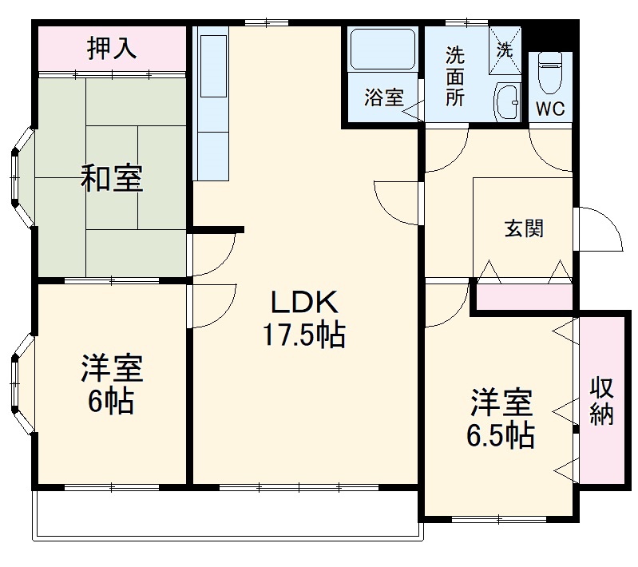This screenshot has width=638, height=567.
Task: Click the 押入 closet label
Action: (x=112, y=49)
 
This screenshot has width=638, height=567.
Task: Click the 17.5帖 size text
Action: (x=305, y=334)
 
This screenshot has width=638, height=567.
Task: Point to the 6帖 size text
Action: (x=111, y=401)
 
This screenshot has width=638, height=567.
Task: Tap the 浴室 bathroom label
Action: (x=383, y=97)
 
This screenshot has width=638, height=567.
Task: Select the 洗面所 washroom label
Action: (x=455, y=77)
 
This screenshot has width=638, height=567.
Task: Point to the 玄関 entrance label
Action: (x=524, y=228)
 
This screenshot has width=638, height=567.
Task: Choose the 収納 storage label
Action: (x=602, y=400)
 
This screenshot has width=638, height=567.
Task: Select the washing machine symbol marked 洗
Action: (x=506, y=47)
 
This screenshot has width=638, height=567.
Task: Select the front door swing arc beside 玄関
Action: (x=600, y=229)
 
